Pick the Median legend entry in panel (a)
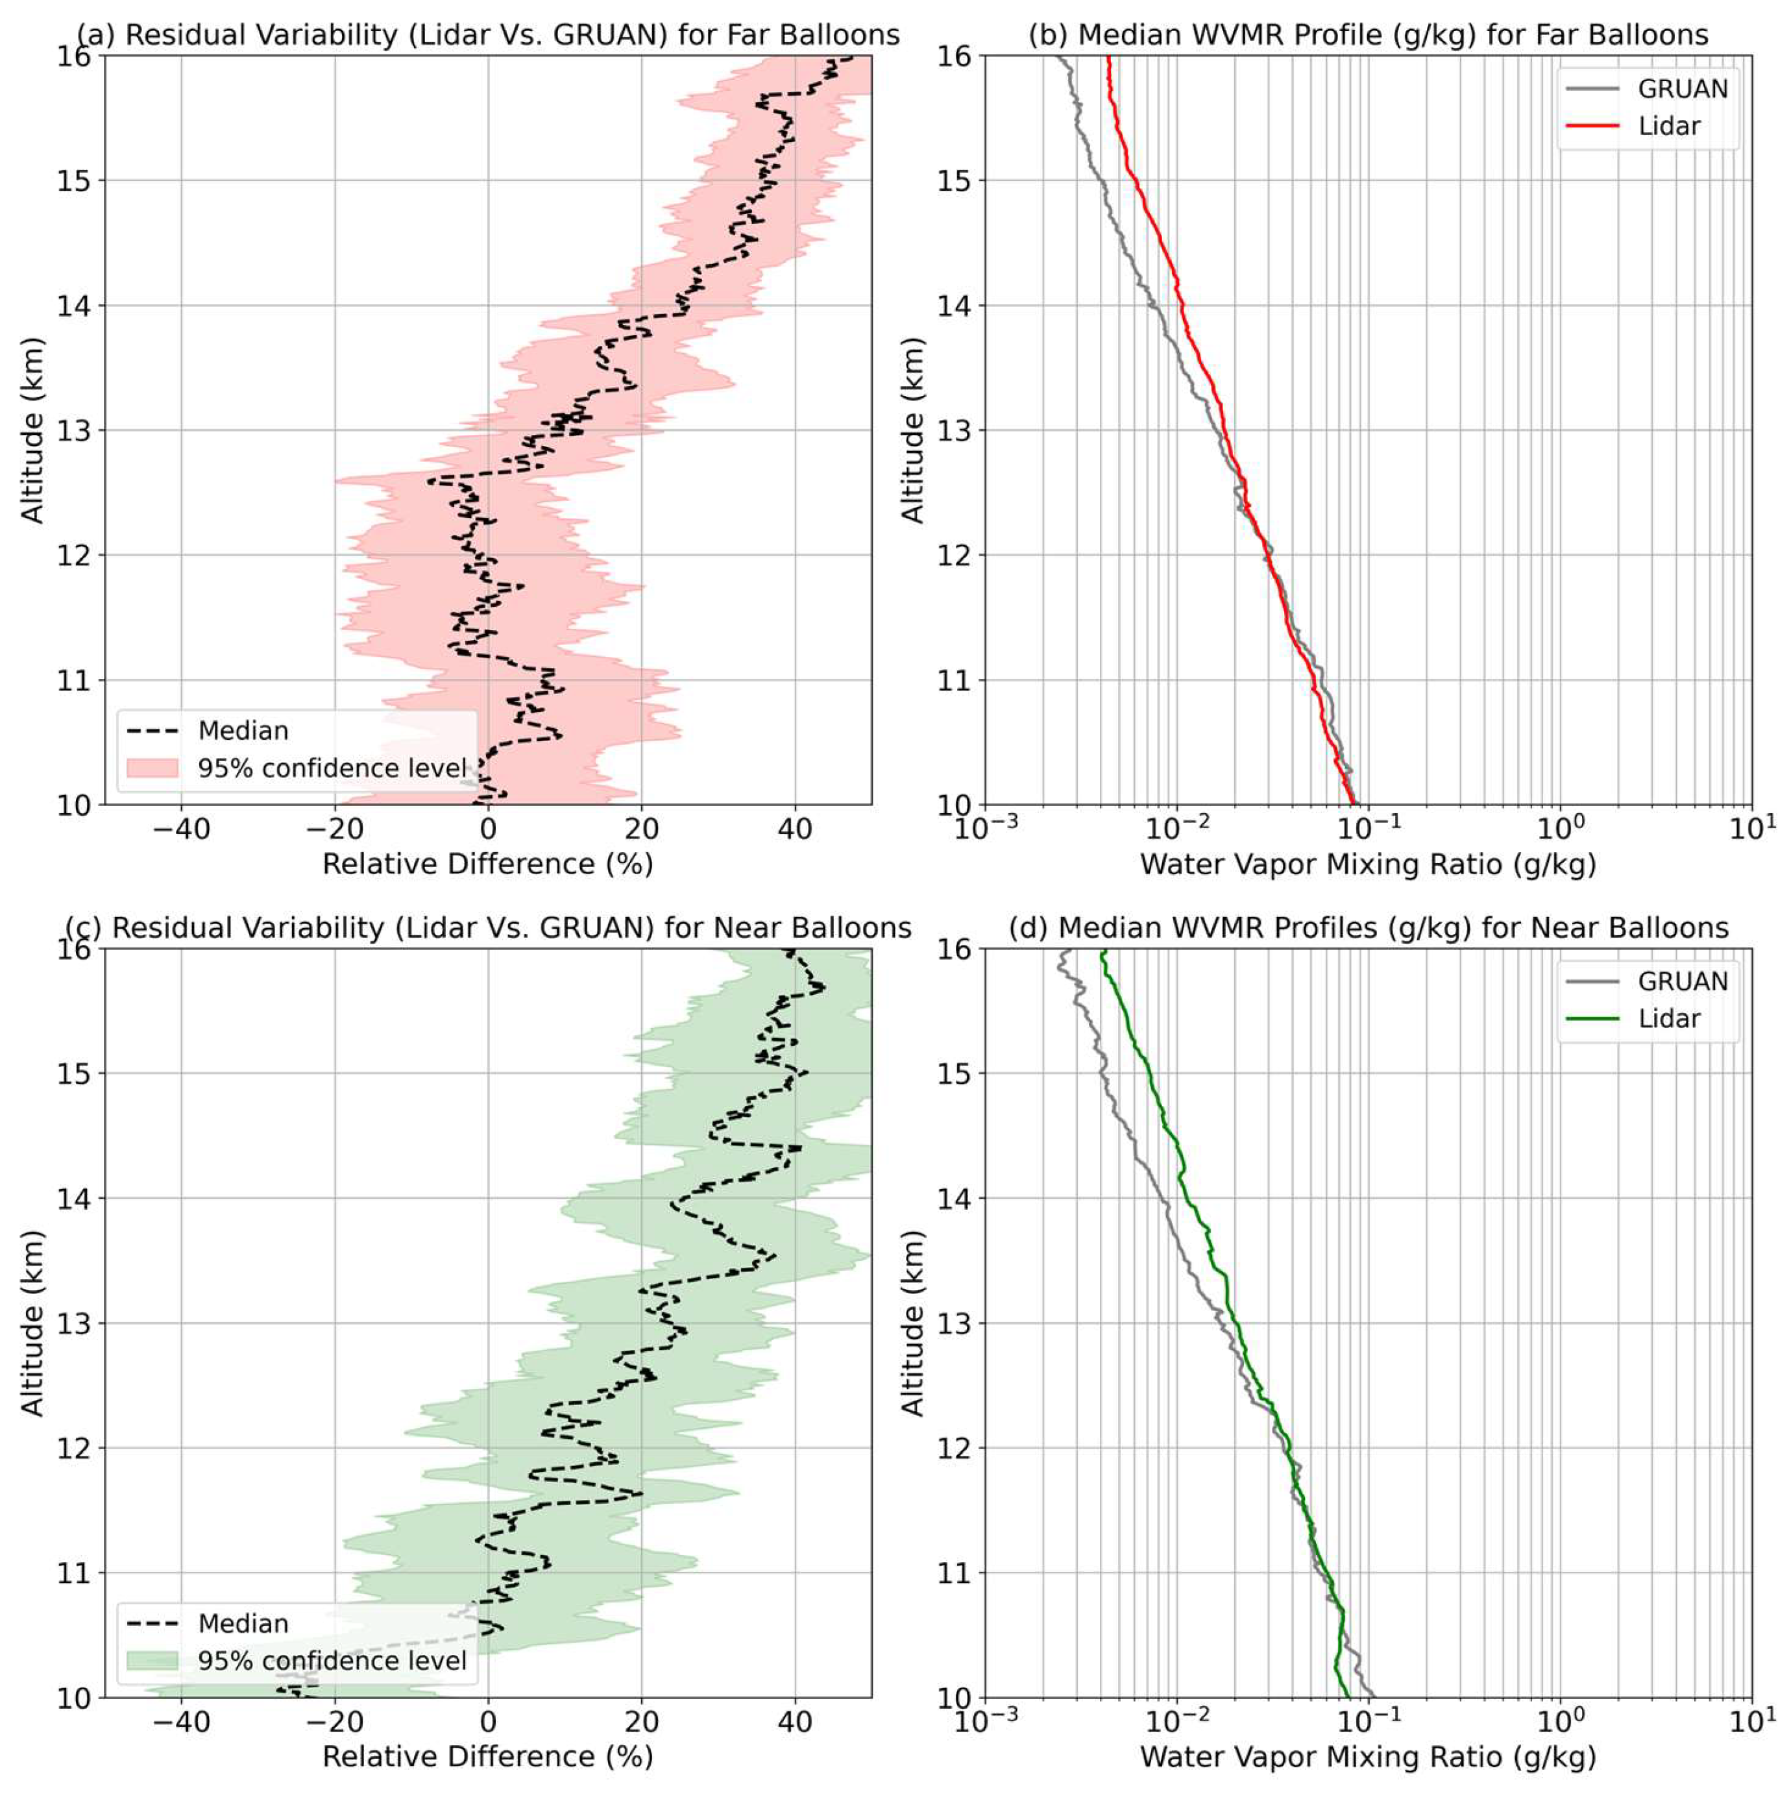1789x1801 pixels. click(x=243, y=731)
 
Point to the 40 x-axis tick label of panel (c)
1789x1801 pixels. click(x=794, y=1722)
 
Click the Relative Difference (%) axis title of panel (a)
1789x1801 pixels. click(x=487, y=864)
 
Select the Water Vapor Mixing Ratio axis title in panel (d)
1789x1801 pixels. click(x=1368, y=1756)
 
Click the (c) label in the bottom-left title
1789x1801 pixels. click(x=83, y=929)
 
